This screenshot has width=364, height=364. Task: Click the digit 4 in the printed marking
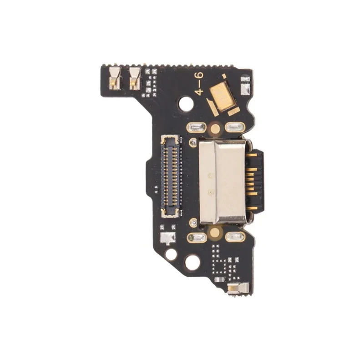pos(199,92)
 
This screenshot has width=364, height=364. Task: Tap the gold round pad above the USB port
pos(215,128)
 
